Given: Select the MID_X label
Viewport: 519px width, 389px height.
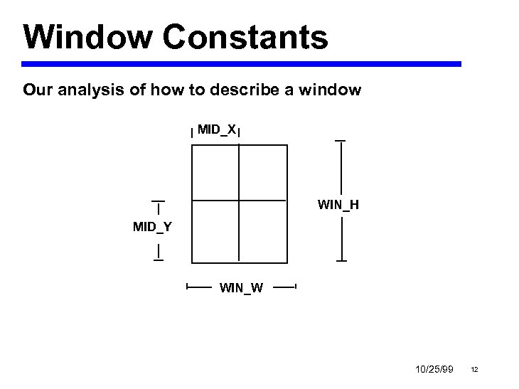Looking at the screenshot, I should pyautogui.click(x=216, y=129).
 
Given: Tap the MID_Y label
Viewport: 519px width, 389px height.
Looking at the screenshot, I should pyautogui.click(x=152, y=227).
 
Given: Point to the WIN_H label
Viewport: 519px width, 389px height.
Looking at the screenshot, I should pyautogui.click(x=338, y=206).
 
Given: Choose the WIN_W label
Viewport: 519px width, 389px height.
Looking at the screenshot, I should pyautogui.click(x=242, y=288).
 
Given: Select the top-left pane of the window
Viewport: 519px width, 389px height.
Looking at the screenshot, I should pyautogui.click(x=215, y=172).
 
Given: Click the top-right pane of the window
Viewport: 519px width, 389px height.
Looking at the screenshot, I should pyautogui.click(x=263, y=172).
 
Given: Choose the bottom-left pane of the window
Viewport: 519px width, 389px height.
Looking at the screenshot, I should pyautogui.click(x=215, y=230).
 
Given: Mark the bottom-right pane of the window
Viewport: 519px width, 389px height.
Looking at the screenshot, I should pyautogui.click(x=263, y=230).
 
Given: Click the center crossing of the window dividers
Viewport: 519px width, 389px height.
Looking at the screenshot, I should pyautogui.click(x=239, y=200).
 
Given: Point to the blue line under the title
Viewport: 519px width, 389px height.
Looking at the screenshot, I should pyautogui.click(x=242, y=64).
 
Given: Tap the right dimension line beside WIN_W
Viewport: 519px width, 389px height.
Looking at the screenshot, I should pyautogui.click(x=284, y=287).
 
